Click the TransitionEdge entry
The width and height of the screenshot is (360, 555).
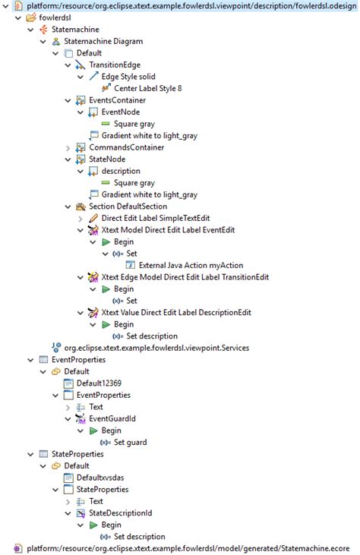coord(114,65)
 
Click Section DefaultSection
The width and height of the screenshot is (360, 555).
coord(127,207)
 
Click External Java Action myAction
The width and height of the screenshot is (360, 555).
coord(191,265)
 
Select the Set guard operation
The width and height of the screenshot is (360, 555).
coord(128,442)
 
